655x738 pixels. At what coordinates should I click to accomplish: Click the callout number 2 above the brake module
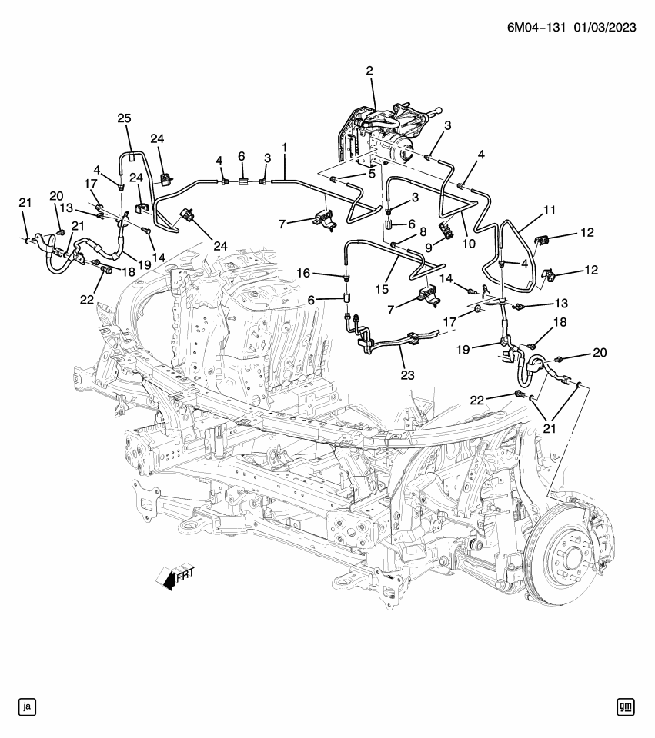pos(369,71)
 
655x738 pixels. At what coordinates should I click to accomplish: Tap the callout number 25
pos(124,118)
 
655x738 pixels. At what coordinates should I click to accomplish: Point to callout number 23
pos(406,376)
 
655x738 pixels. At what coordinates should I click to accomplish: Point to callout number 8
pos(423,231)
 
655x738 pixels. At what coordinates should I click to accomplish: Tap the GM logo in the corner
pos(627,706)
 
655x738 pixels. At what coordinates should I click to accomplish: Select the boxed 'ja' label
pos(27,706)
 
